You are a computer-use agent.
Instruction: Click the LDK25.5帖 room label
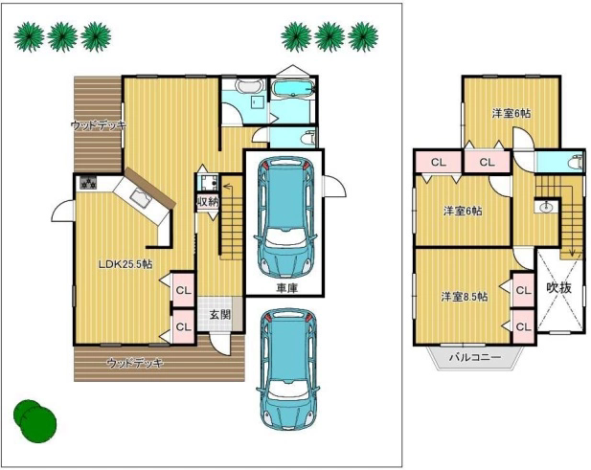[125, 264]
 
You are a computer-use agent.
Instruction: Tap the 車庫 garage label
[287, 288]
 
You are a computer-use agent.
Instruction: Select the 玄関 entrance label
[220, 315]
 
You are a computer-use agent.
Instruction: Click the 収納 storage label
[208, 202]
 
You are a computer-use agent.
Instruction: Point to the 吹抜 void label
[559, 288]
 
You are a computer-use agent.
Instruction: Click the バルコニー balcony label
[475, 357]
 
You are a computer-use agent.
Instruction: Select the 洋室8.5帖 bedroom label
[465, 297]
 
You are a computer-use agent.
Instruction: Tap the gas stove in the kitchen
[88, 183]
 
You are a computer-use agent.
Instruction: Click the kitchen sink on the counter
[141, 197]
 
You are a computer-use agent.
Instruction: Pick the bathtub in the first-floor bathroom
[294, 89]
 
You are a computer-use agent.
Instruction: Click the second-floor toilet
[577, 161]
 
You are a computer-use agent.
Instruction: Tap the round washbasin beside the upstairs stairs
[545, 207]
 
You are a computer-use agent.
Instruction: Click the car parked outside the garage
[287, 371]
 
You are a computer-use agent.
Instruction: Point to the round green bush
[34, 421]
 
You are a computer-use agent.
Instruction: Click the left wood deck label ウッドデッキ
[99, 125]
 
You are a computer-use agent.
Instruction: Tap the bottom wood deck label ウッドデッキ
[135, 363]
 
